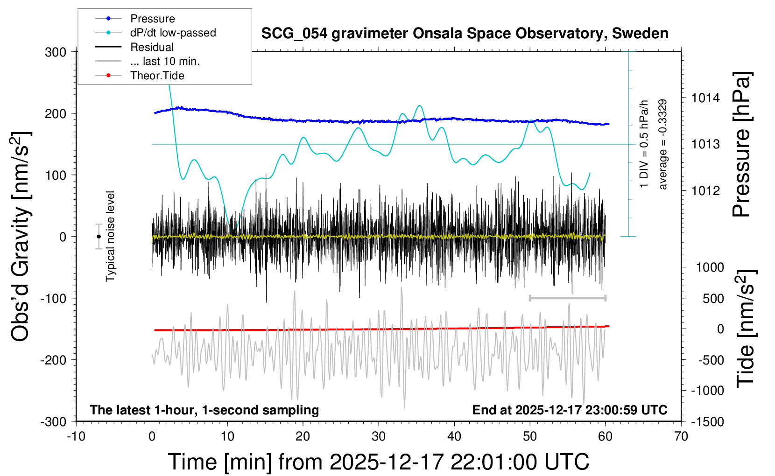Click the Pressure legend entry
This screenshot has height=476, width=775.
(152, 19)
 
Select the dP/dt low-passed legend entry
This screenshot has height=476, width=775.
(173, 33)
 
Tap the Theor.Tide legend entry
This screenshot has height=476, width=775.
(157, 76)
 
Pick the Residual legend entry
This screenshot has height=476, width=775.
(152, 47)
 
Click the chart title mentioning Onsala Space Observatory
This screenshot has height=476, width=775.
(465, 34)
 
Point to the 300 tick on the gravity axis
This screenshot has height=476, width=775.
(56, 52)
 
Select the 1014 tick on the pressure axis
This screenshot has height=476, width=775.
(705, 98)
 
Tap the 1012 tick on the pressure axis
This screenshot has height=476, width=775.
(705, 190)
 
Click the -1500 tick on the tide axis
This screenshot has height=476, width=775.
(707, 422)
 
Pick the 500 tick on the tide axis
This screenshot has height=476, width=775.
(713, 299)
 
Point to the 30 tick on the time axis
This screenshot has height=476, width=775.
(379, 437)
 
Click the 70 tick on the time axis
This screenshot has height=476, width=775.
(681, 437)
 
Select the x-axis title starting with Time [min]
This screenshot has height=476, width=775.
(379, 462)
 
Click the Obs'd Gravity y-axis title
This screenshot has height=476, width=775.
(21, 237)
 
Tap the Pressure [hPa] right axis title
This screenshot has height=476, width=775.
(741, 145)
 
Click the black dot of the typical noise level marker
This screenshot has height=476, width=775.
(99, 237)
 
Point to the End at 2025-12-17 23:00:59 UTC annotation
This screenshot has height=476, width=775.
(570, 410)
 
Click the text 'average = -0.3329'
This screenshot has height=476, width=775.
(663, 145)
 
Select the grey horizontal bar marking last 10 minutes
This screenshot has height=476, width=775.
(567, 298)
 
